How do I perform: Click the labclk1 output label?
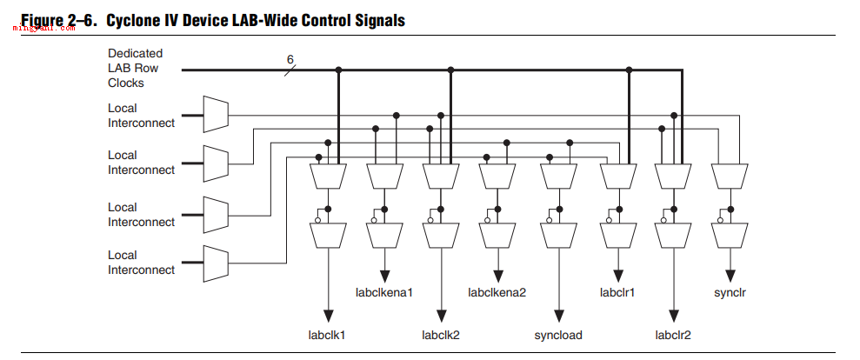327,334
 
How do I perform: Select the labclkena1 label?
384,292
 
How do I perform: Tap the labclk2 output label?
440,334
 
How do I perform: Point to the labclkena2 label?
497,292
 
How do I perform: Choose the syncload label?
558,335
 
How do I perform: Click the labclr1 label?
617,292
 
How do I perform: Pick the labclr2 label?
673,334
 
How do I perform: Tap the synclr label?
730,293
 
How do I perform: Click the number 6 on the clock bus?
290,59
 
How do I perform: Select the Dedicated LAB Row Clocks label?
135,68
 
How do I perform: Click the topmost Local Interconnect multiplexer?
216,114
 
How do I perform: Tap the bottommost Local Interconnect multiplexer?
216,263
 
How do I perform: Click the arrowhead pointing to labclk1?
328,316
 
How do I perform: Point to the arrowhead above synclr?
730,275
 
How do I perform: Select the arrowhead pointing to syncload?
559,316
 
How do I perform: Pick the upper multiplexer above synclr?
730,177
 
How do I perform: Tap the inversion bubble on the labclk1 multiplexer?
317,221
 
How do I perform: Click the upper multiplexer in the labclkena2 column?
497,177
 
